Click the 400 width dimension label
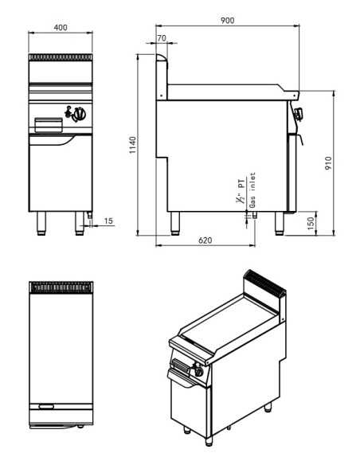tap(61, 27)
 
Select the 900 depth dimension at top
tap(228, 21)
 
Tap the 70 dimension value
tap(162, 37)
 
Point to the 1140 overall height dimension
tap(133, 145)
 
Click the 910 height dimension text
tap(328, 163)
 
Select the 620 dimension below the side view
tap(205, 240)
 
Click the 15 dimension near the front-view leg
tap(108, 220)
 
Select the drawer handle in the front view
tap(49, 123)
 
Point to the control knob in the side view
tap(299, 114)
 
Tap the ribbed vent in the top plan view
tap(61, 286)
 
